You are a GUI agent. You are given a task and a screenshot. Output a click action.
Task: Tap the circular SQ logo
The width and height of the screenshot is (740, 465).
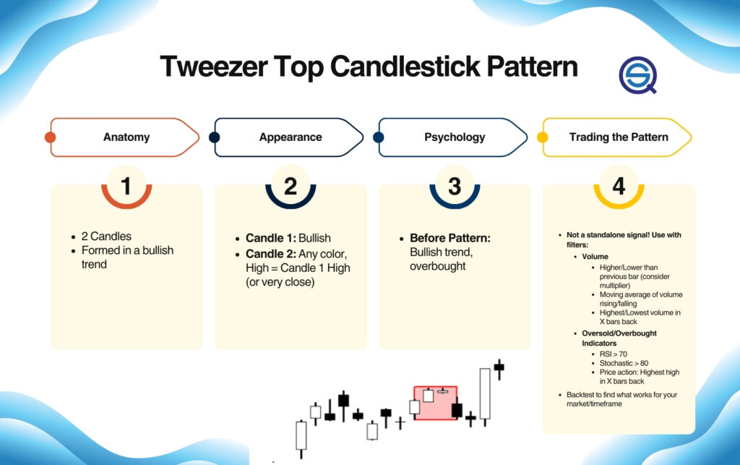coord(637,74)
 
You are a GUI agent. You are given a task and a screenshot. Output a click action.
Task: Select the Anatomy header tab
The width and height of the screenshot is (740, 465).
coord(126,137)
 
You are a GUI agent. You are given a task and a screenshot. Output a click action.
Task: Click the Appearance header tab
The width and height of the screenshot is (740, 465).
coord(291,137)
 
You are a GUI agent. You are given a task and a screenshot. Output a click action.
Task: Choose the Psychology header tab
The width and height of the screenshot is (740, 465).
coord(455,137)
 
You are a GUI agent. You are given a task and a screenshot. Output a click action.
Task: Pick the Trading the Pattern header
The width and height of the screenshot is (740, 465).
coord(619,137)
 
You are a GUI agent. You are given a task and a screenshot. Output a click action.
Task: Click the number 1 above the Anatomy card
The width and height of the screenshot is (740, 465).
coord(126,187)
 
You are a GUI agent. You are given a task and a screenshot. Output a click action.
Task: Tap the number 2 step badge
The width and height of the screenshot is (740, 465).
coord(291,187)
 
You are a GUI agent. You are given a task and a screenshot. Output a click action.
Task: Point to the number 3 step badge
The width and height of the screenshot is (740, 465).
coord(455,187)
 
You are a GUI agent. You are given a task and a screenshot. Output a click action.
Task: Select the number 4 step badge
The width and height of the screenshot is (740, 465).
coord(619,187)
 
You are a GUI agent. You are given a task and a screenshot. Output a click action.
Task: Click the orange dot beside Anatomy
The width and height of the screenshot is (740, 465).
coord(50,137)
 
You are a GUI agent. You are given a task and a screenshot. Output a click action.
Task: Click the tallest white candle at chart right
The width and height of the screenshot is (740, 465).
coord(484,393)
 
